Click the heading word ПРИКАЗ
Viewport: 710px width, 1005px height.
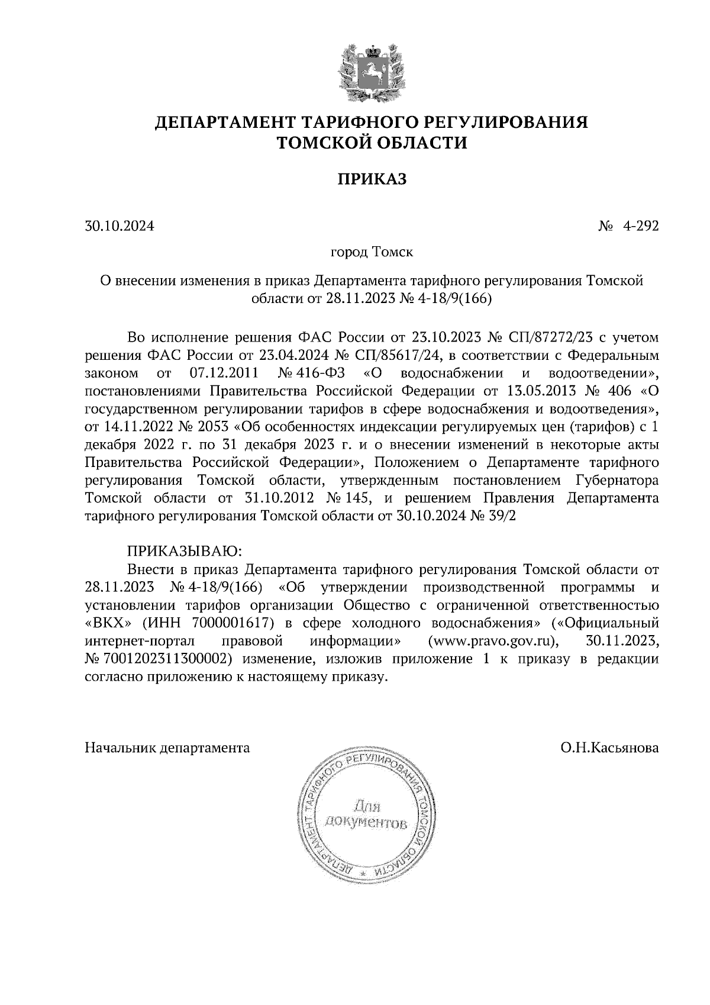372,179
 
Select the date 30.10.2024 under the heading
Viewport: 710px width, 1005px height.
120,226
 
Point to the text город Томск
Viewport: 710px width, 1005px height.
372,253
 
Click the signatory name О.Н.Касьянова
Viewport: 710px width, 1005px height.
610,748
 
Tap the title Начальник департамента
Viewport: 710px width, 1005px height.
167,748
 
